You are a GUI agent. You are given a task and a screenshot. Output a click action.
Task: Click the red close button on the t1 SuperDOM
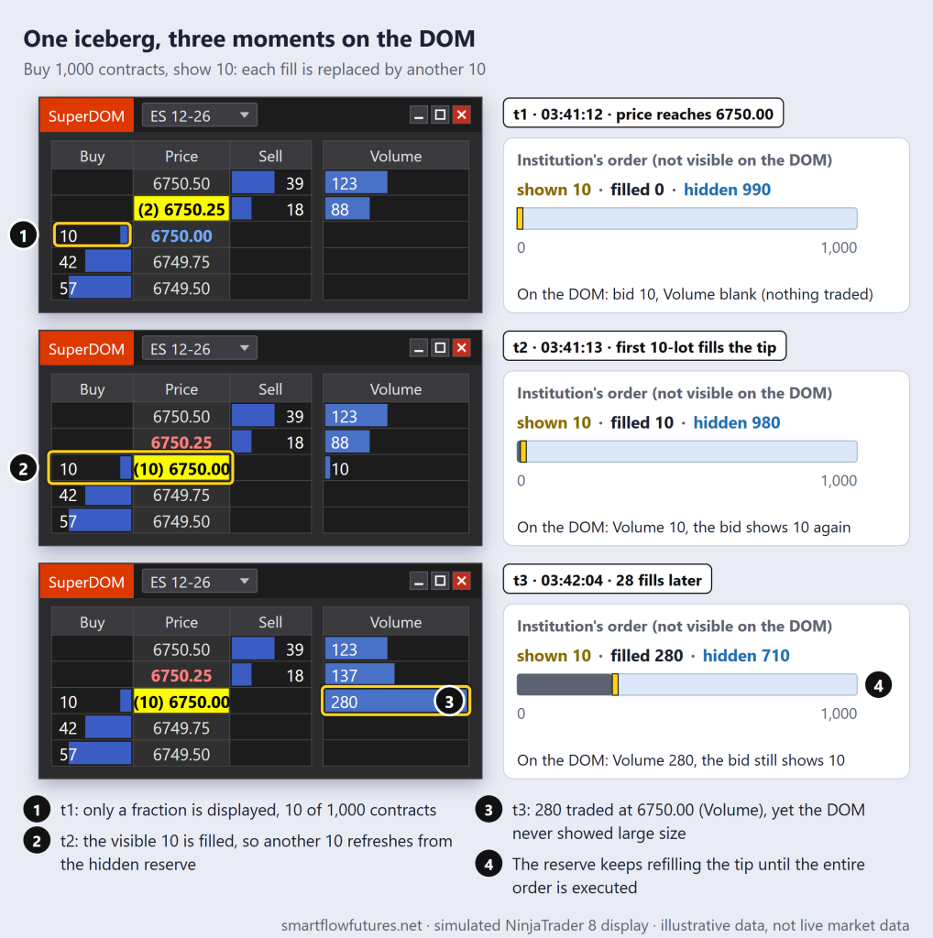pyautogui.click(x=461, y=115)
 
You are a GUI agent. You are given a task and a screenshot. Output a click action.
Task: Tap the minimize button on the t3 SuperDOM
pyautogui.click(x=419, y=580)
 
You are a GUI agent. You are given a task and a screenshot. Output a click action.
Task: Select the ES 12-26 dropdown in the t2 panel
pyautogui.click(x=199, y=348)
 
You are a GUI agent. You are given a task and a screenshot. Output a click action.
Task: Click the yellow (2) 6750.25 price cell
pyautogui.click(x=181, y=209)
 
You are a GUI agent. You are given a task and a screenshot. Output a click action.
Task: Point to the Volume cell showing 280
pyautogui.click(x=396, y=701)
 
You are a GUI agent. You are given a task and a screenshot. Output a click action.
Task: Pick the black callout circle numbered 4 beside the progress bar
pyautogui.click(x=878, y=685)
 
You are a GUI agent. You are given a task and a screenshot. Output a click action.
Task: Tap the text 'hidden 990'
pyautogui.click(x=727, y=190)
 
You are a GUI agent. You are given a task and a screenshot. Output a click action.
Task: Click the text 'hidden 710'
pyautogui.click(x=746, y=656)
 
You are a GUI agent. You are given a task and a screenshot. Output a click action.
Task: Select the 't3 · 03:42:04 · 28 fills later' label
pyautogui.click(x=608, y=579)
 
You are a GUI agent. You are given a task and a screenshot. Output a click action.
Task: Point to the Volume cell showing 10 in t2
pyautogui.click(x=396, y=468)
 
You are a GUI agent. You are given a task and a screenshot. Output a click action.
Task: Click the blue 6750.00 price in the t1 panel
pyautogui.click(x=181, y=235)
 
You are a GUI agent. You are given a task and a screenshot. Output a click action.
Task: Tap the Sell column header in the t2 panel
pyautogui.click(x=270, y=388)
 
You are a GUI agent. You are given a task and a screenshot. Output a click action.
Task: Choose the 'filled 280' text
pyautogui.click(x=646, y=656)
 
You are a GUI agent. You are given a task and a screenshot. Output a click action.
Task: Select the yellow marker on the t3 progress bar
pyautogui.click(x=615, y=684)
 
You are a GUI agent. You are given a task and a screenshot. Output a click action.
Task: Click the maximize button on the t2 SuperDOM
pyautogui.click(x=441, y=347)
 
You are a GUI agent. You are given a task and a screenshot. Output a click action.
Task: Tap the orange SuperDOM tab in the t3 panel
pyautogui.click(x=86, y=582)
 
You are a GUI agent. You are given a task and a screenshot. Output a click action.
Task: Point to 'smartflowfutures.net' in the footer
pyautogui.click(x=352, y=925)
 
